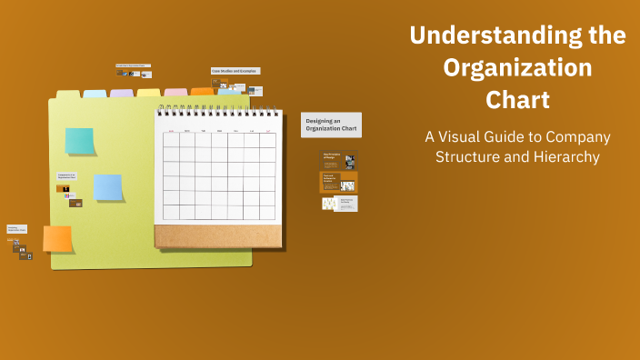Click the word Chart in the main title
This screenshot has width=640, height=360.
(x=517, y=98)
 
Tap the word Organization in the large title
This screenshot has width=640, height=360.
(x=517, y=67)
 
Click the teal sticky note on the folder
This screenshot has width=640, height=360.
(x=79, y=141)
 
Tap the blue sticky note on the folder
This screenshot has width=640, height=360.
(x=108, y=187)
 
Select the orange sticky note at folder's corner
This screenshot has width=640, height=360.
(x=57, y=238)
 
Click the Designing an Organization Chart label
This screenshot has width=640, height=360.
(x=331, y=125)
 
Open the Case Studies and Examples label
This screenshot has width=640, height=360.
(x=235, y=71)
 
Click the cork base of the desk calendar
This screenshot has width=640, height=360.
(x=218, y=236)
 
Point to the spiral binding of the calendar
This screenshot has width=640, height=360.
(x=217, y=112)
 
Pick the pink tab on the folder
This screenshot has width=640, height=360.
(x=175, y=93)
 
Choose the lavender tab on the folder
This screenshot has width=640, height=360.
(x=122, y=94)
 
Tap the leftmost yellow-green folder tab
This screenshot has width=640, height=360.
(x=68, y=95)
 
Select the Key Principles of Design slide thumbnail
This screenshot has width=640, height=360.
(x=338, y=160)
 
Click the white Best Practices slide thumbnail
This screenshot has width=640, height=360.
(x=339, y=204)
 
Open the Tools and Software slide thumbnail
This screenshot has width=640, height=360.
(x=338, y=182)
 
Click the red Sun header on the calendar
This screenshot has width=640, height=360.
(x=171, y=131)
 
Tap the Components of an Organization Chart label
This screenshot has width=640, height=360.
(x=66, y=175)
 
